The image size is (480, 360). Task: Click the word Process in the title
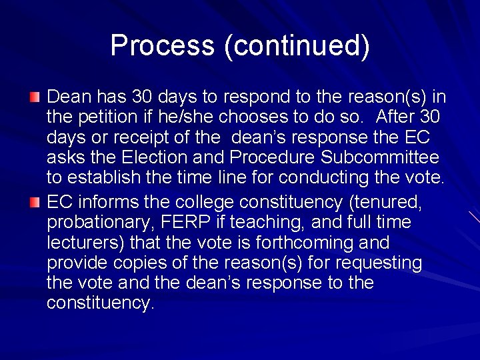[x=163, y=45]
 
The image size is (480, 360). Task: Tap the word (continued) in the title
[x=297, y=45]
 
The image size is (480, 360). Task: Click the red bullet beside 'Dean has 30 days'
[x=35, y=98]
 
